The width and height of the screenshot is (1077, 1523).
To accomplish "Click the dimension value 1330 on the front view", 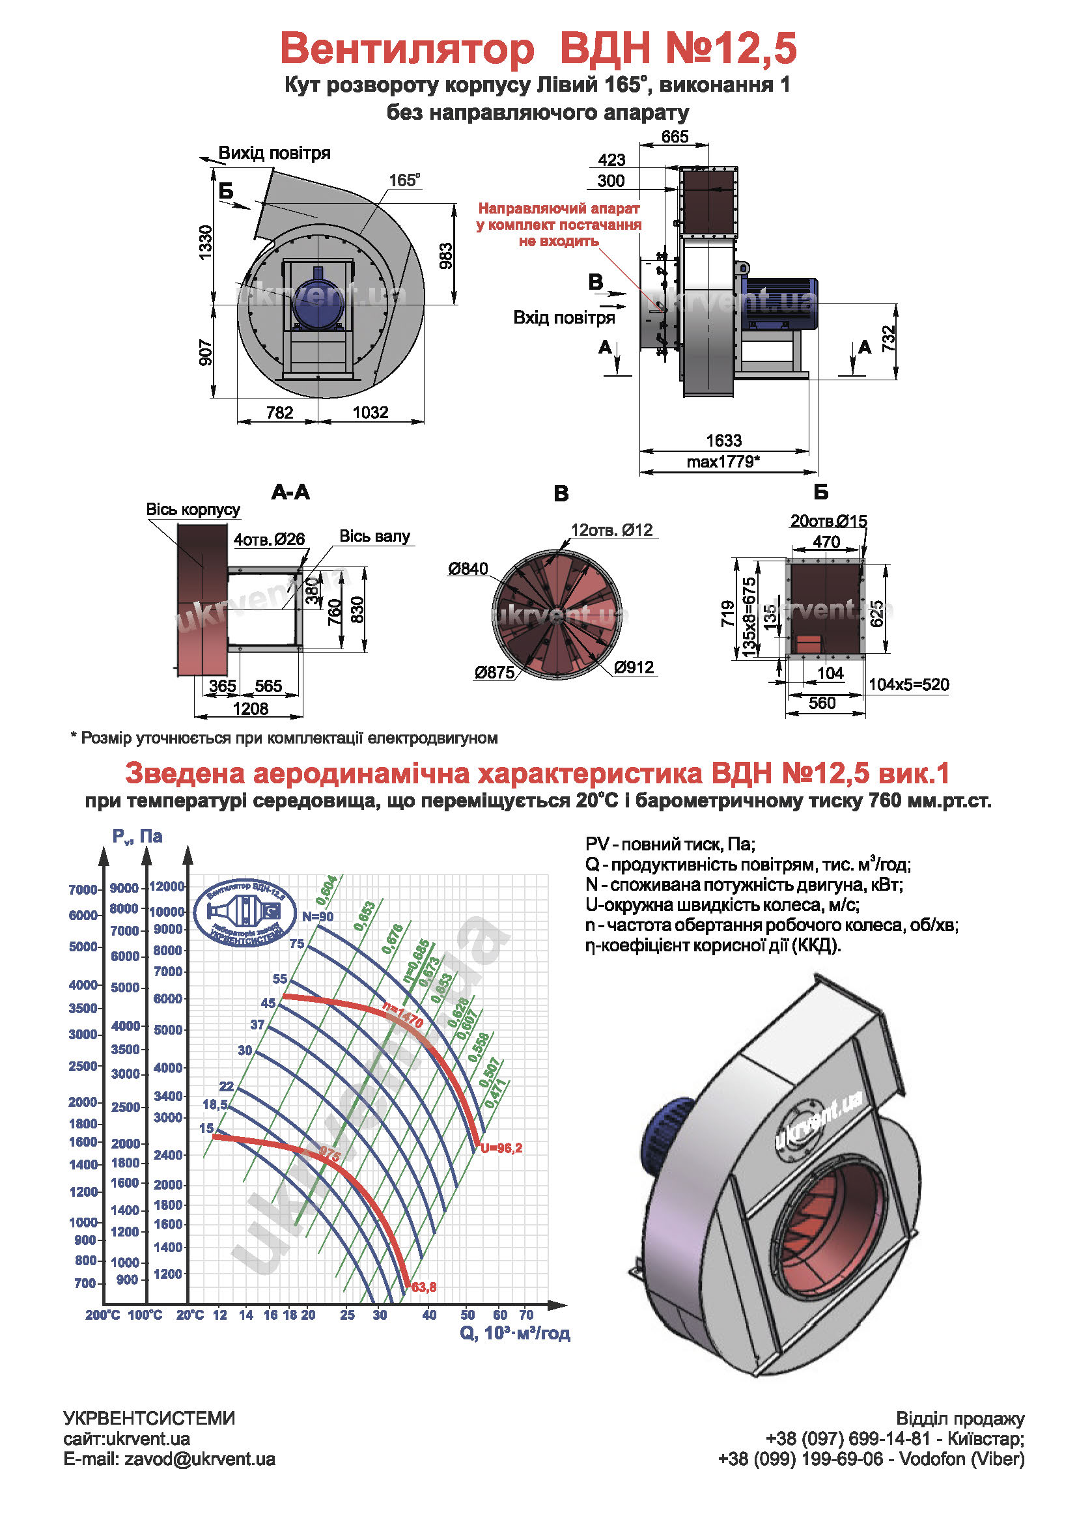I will (x=206, y=243).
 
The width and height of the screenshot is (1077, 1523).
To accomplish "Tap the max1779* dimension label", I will (x=723, y=462).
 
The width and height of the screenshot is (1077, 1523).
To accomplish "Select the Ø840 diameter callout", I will (x=468, y=569).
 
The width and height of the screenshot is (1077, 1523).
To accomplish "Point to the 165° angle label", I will (x=404, y=180).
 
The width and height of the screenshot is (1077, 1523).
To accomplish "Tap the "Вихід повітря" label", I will (x=274, y=153).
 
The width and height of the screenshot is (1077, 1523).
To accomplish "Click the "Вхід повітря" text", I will (x=564, y=318).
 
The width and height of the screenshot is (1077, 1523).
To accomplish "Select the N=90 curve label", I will (x=318, y=917).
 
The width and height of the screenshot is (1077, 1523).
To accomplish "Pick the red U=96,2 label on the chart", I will (x=501, y=1148).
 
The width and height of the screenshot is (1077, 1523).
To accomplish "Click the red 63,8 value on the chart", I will (x=424, y=1287).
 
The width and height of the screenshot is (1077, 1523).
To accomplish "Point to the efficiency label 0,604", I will (x=326, y=890).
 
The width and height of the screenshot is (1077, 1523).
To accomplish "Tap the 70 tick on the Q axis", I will (x=526, y=1315).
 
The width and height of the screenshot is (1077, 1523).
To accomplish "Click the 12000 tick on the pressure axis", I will (x=167, y=886).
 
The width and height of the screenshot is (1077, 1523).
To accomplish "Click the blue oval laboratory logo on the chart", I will (x=245, y=914).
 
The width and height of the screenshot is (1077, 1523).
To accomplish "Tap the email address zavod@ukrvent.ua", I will (x=200, y=1459).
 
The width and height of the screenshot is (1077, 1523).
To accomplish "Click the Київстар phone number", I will (x=850, y=1439).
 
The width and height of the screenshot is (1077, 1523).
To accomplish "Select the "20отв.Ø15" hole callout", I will (x=828, y=522).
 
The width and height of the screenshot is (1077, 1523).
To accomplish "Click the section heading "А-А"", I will (x=290, y=492).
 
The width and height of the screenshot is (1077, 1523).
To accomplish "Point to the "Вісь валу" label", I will (x=374, y=536).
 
